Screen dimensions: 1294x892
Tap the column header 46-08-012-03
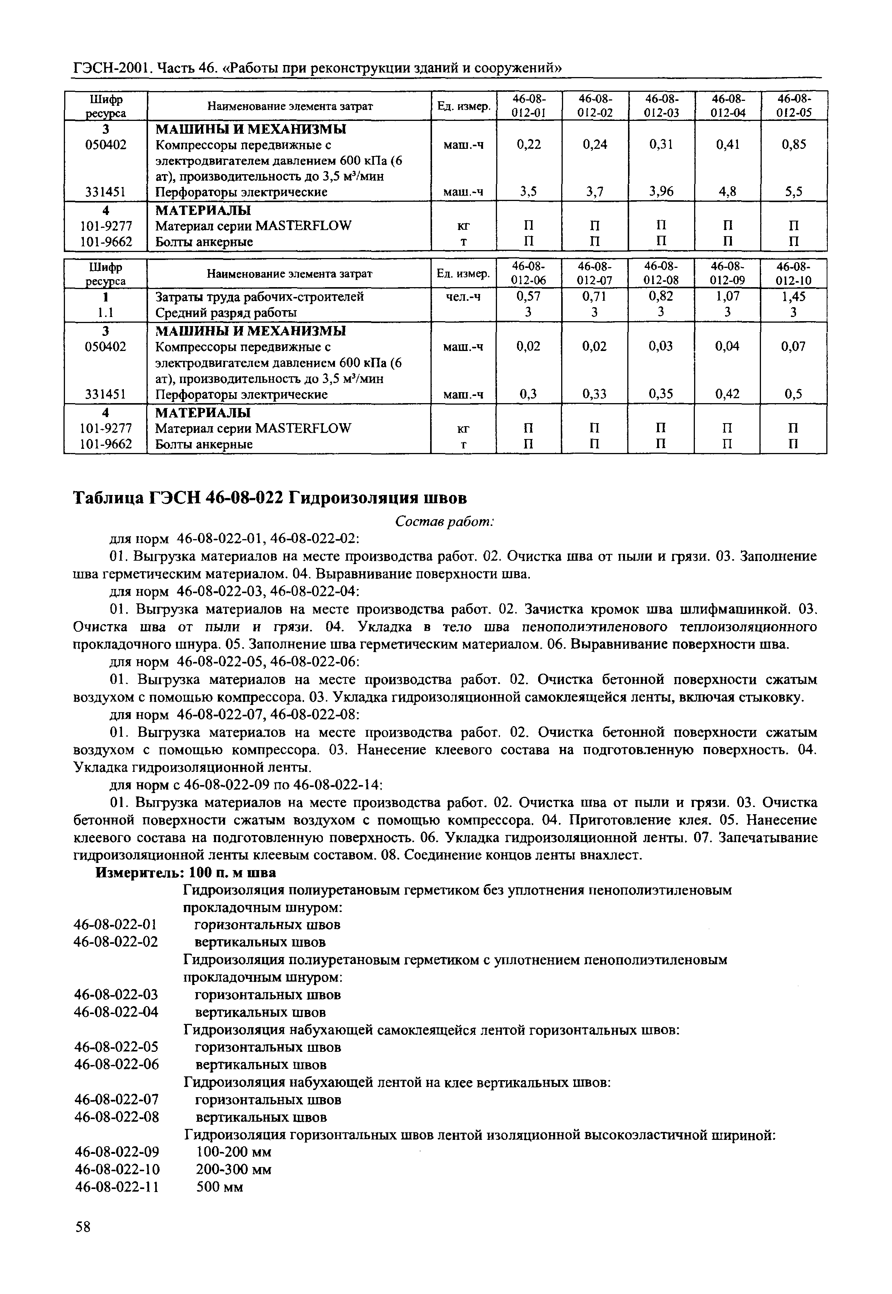(661, 105)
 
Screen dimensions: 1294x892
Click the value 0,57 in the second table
(529, 296)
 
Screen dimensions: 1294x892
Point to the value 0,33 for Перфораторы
(595, 394)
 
